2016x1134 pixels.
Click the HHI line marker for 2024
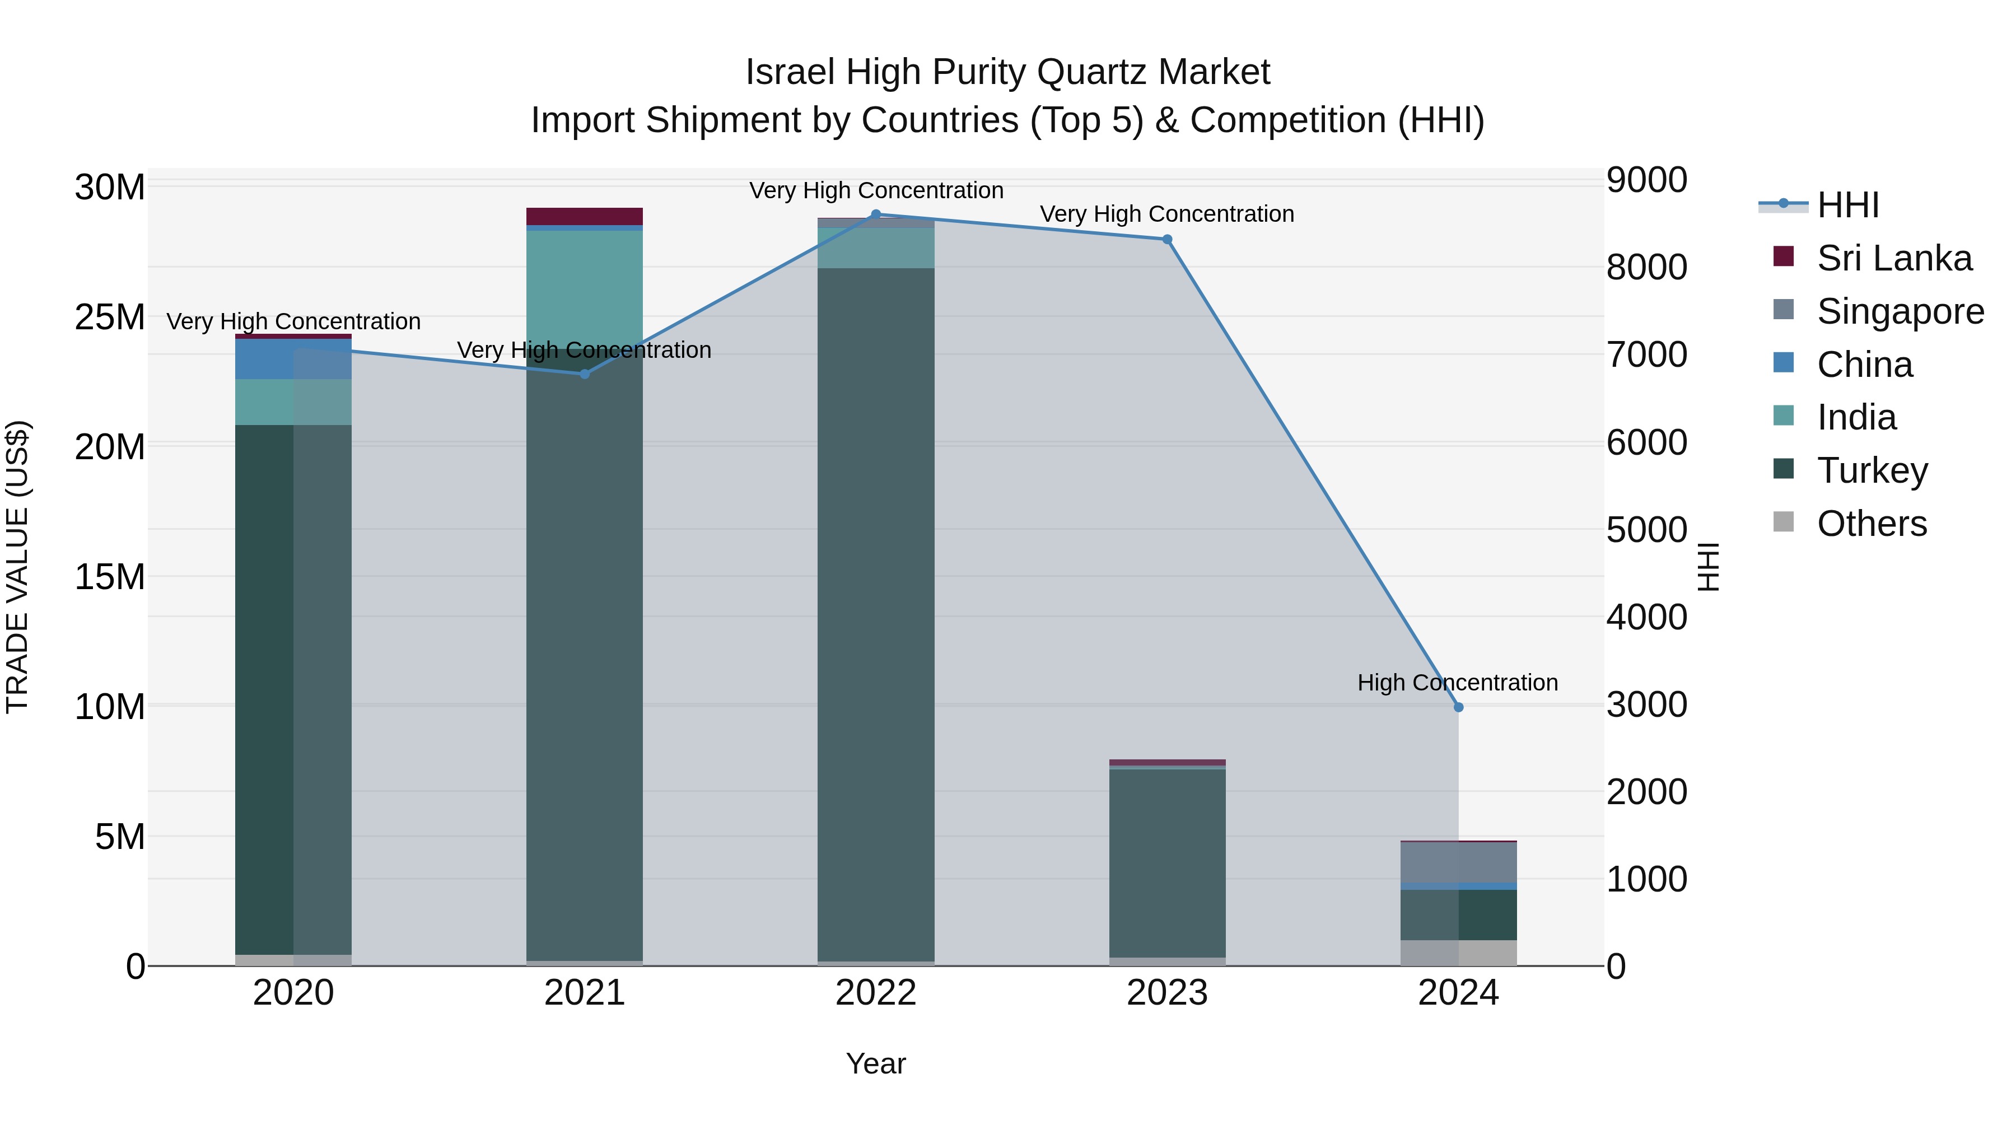point(1458,707)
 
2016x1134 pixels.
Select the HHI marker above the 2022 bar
point(876,214)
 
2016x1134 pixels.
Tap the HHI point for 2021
point(585,374)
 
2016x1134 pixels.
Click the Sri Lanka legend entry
point(1894,258)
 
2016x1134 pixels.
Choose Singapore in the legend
point(1900,311)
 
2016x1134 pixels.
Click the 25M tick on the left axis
point(110,318)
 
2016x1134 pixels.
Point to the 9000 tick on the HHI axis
point(1646,180)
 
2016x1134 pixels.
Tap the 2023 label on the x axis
point(1167,993)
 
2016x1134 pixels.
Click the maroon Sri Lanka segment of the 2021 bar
point(585,216)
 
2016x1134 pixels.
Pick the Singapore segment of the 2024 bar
point(1458,862)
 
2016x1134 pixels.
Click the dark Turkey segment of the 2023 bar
point(1167,861)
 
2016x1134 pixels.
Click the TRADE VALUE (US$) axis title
point(17,567)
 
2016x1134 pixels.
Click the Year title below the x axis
point(876,1063)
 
